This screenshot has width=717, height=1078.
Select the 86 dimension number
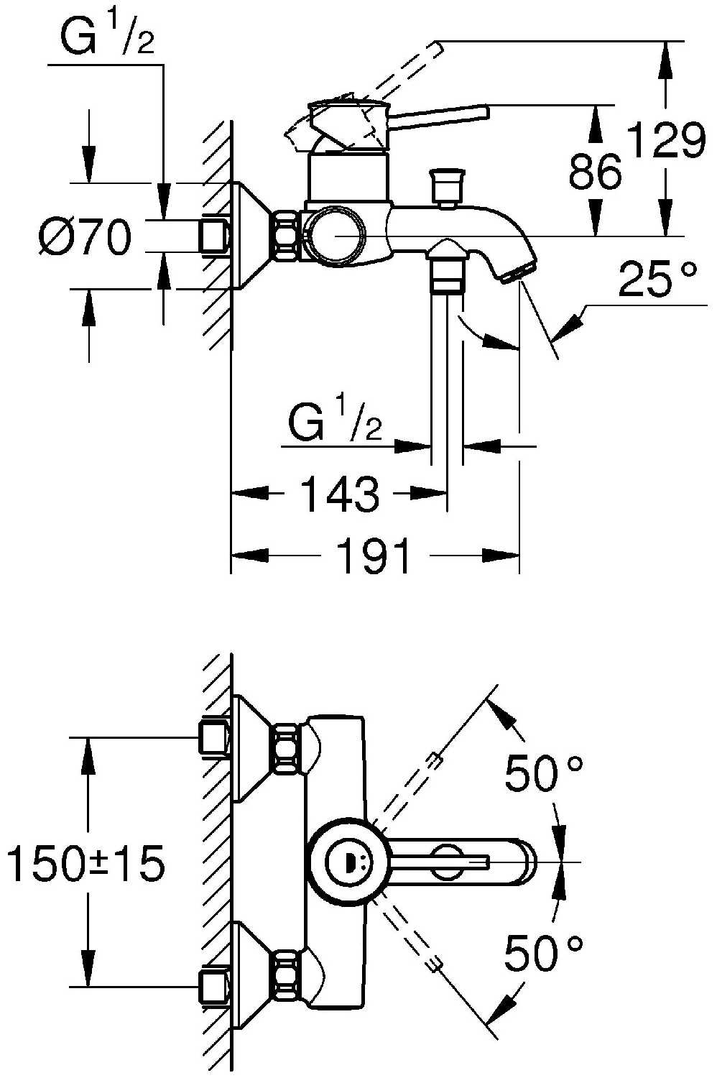point(595,172)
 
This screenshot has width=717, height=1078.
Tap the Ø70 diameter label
point(85,237)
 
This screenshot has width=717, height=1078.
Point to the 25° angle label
point(657,280)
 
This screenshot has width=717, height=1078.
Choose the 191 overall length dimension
point(374,556)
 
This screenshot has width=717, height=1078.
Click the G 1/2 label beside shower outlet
point(335,423)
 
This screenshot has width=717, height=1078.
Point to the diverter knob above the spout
point(446,187)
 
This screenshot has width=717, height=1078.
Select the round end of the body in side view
point(334,236)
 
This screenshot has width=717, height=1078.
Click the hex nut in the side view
point(286,235)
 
